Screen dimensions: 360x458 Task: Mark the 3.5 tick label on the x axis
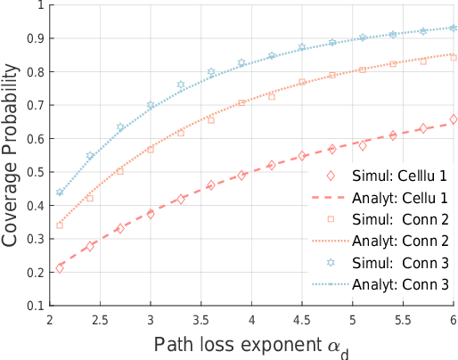(201, 318)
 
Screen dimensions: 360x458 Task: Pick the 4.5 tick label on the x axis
(302, 318)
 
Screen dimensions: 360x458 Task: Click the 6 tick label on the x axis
(454, 318)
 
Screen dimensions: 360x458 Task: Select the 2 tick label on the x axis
(50, 318)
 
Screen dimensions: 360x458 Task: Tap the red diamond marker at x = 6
(454, 119)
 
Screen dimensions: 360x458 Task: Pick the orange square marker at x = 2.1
(60, 225)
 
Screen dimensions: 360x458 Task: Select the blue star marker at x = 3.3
(181, 86)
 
